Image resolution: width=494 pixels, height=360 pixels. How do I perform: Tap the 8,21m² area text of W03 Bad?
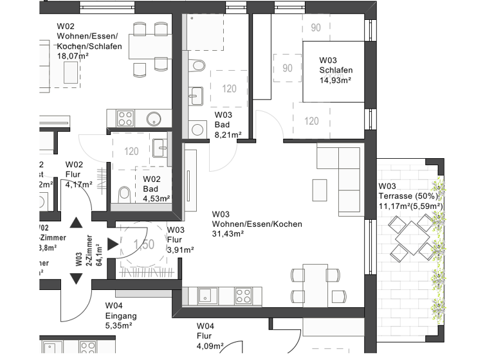(x=228, y=135)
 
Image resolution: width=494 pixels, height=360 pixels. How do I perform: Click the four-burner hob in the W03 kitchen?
(x=243, y=296)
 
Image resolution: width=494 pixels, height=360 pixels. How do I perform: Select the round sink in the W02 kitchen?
(x=154, y=118)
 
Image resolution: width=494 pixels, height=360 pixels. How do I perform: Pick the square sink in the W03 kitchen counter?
(x=206, y=296)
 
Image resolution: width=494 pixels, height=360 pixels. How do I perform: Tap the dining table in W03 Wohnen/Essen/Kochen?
(x=315, y=283)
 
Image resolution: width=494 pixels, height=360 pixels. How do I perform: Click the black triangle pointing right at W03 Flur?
(x=113, y=244)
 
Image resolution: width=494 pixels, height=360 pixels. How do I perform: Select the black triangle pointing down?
(x=77, y=278)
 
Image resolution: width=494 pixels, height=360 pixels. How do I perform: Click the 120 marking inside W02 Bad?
(x=131, y=152)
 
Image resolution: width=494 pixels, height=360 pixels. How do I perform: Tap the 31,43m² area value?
(x=228, y=234)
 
